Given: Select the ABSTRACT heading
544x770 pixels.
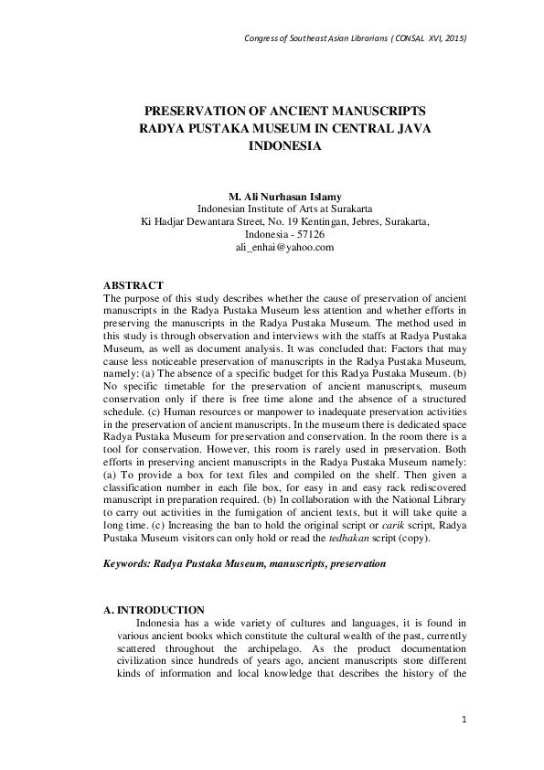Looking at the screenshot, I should click(133, 285).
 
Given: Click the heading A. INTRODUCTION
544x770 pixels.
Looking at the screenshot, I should click(160, 610).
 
